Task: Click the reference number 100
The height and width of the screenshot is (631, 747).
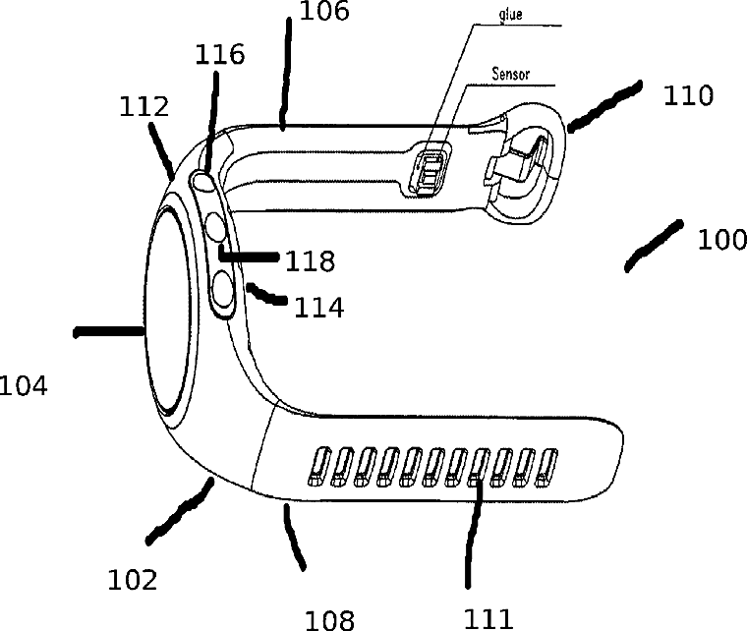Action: [x=721, y=239]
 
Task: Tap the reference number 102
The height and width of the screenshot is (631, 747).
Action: [x=132, y=580]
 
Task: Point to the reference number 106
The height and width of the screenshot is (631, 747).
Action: [x=323, y=11]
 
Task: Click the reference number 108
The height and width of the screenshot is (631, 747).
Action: [x=330, y=618]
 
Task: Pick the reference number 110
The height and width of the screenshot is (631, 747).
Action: [x=687, y=95]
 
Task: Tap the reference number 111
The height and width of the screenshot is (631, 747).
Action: [x=488, y=617]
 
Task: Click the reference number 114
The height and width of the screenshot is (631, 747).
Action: [x=319, y=308]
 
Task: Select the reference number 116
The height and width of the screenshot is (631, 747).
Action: [x=220, y=54]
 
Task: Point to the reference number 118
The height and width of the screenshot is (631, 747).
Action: [x=310, y=261]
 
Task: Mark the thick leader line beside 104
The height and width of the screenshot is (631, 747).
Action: [x=108, y=333]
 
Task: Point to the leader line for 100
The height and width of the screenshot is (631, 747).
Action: [x=655, y=246]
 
